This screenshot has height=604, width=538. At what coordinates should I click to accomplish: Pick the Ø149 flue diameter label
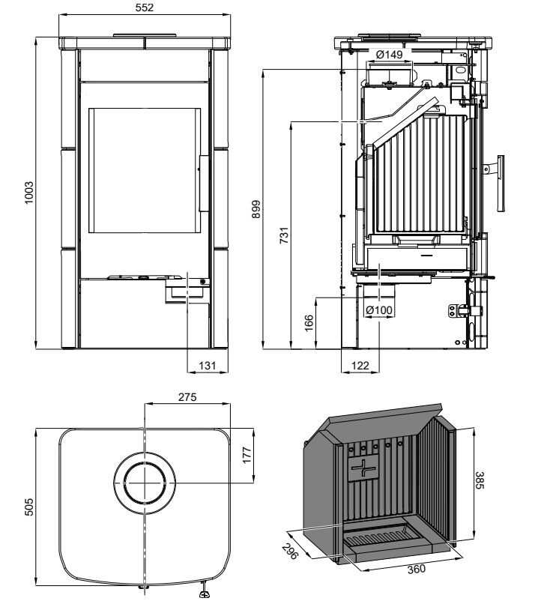click(x=390, y=54)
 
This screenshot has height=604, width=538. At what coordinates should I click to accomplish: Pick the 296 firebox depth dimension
click(x=291, y=549)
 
